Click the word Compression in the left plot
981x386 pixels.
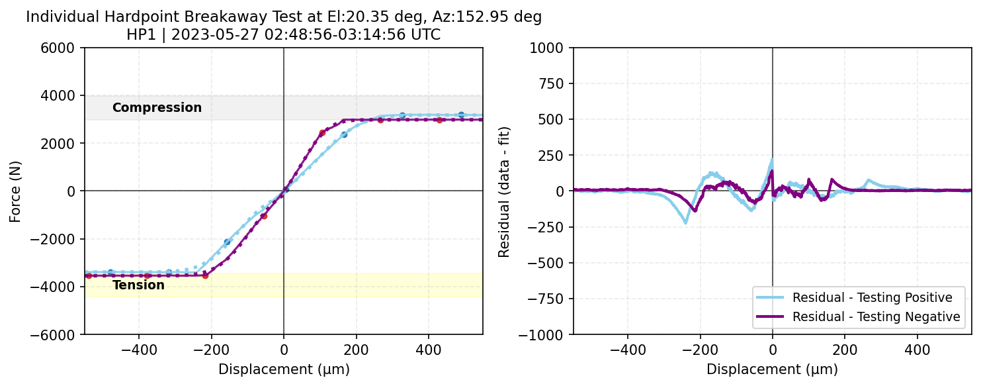coord(157,107)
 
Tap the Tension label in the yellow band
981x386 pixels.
coord(138,285)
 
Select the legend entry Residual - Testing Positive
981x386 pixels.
coord(872,297)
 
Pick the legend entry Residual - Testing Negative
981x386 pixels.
coord(876,317)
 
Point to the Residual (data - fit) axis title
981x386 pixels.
coord(504,191)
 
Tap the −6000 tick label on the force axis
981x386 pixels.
coord(61,334)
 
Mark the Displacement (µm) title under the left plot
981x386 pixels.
coord(284,369)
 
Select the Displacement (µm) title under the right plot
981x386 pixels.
coord(772,369)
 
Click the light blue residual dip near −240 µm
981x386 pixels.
coord(685,222)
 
